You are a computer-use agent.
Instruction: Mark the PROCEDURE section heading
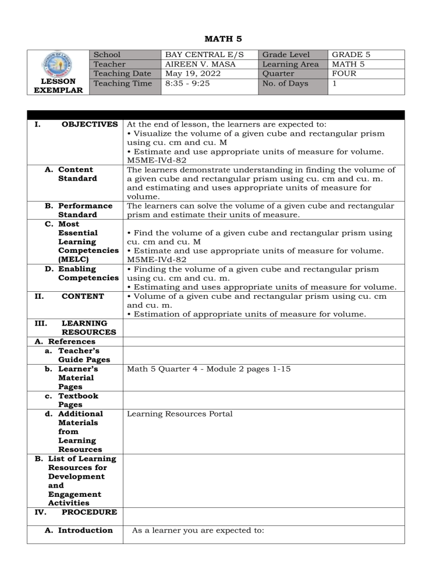pos(88,512)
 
